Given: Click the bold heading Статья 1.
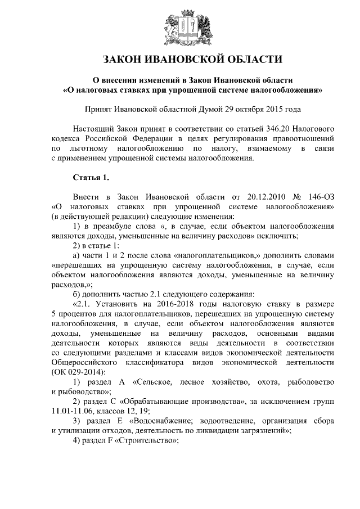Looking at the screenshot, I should [x=91, y=178].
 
